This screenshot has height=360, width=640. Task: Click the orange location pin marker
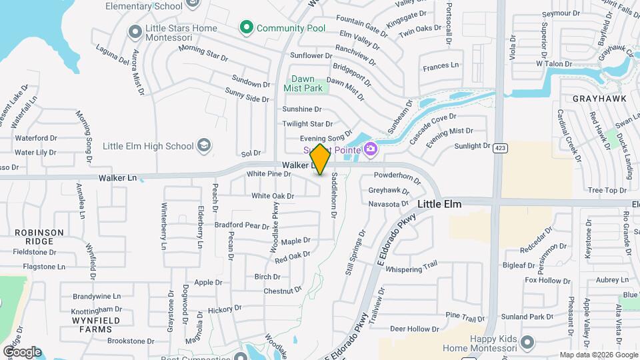coord(320,159)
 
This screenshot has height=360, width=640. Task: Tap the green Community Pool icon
coord(247,28)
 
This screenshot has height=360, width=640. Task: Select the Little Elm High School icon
coord(204,146)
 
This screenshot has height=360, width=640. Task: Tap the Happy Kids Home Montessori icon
coord(527,343)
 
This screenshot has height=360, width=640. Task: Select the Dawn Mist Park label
coord(303,83)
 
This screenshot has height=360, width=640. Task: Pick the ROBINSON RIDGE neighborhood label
coord(40,237)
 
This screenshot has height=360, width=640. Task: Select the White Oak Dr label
coord(273,196)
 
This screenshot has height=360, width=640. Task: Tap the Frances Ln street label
coord(441,65)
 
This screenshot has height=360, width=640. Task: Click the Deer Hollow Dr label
coord(410,329)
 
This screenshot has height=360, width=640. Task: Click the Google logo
coord(22,352)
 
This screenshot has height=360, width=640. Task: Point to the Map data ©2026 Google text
coord(599,355)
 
